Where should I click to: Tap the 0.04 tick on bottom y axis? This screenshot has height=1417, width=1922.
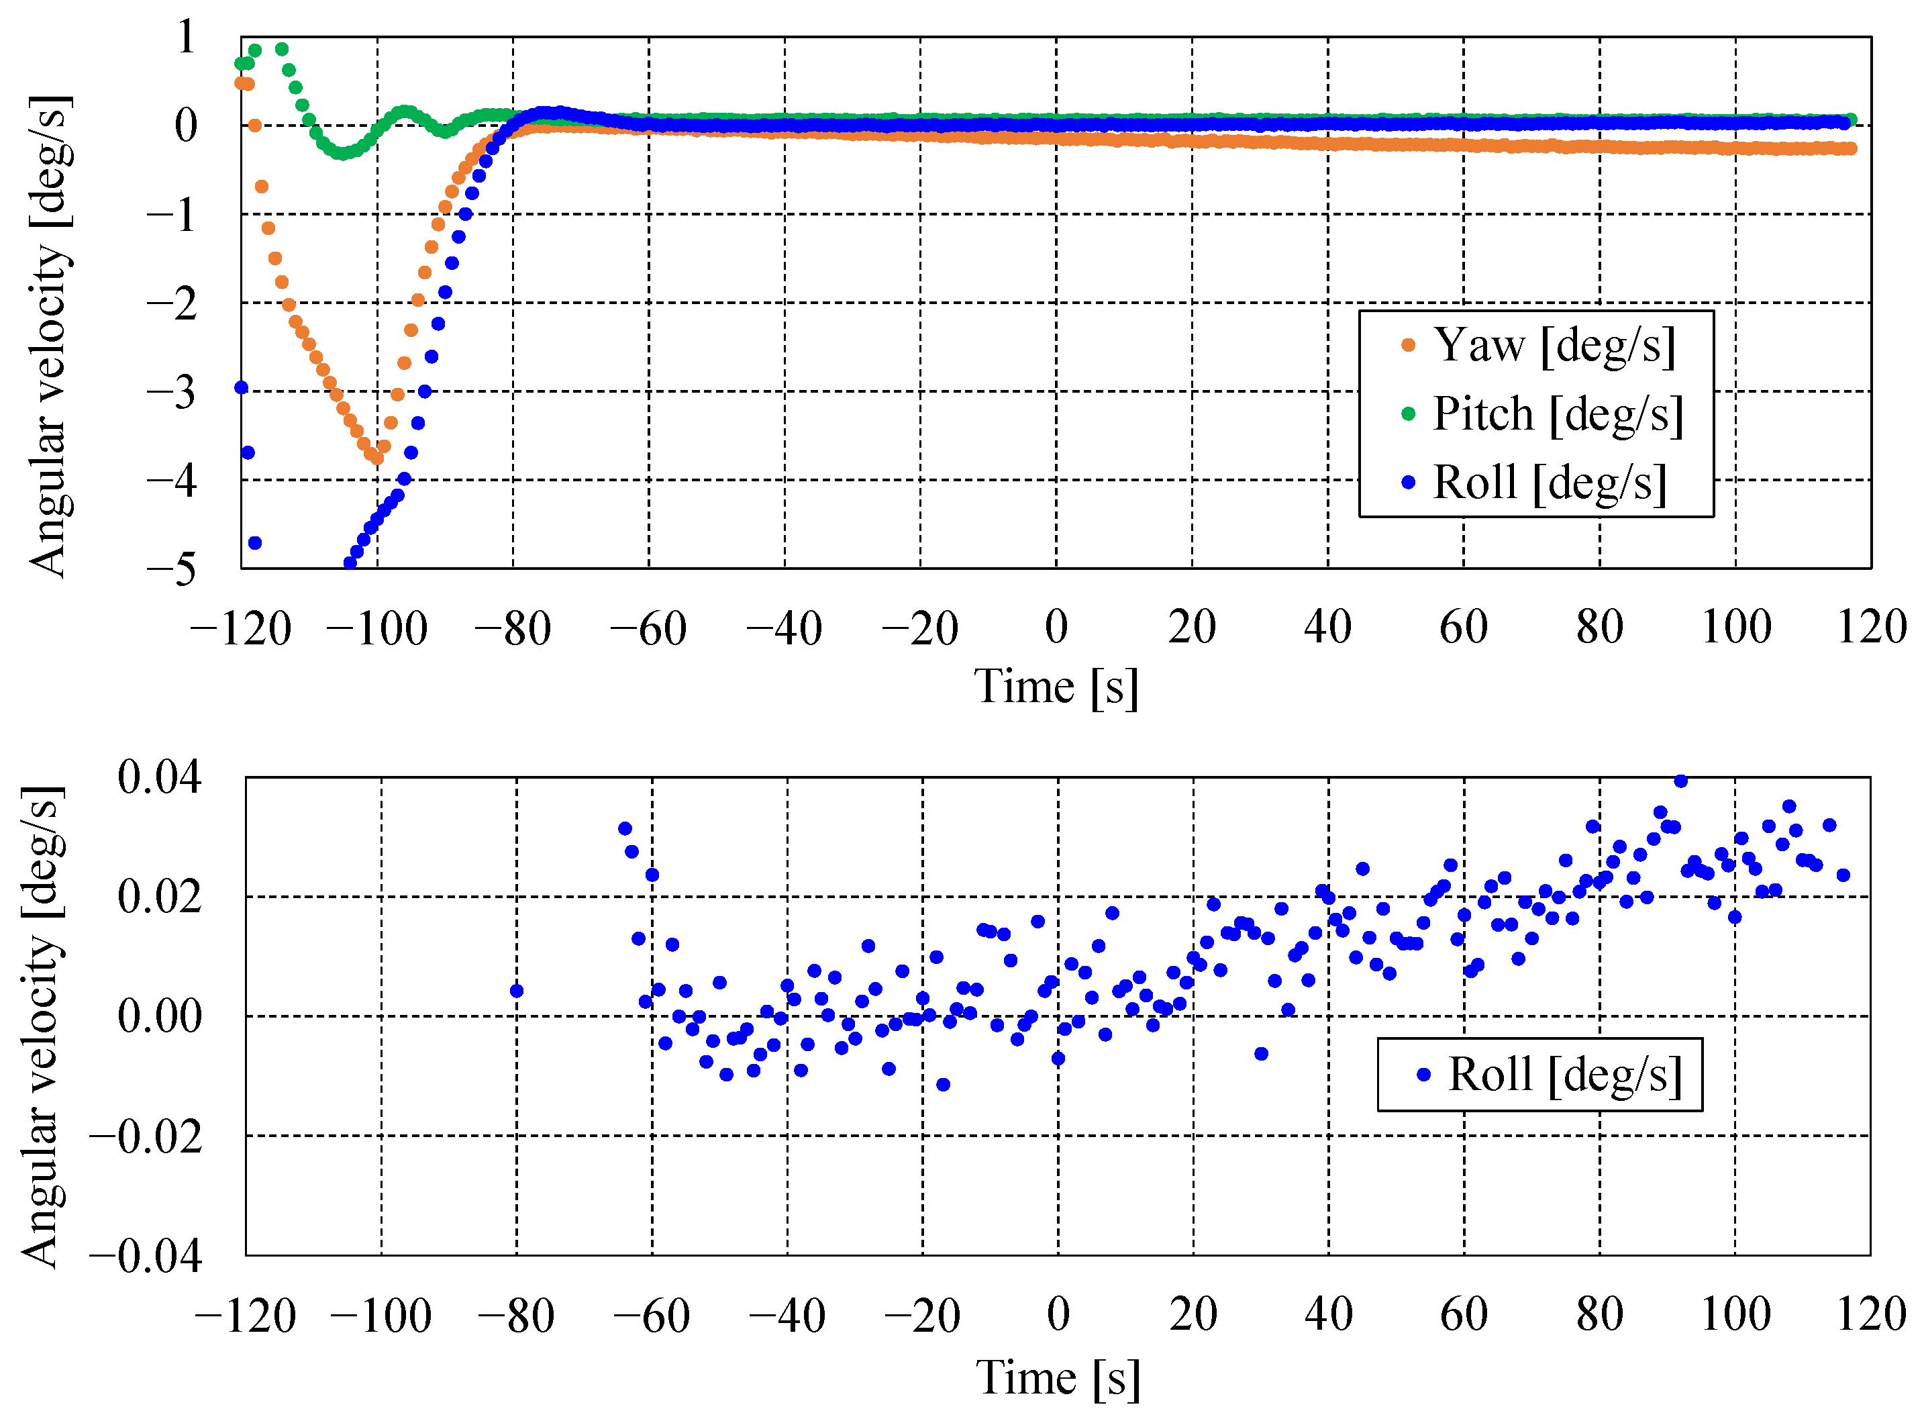coord(160,777)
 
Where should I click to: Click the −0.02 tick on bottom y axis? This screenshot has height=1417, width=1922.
coord(146,1137)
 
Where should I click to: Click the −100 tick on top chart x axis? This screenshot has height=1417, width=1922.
coord(376,629)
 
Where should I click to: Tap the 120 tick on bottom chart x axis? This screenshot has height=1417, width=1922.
coord(1870,1314)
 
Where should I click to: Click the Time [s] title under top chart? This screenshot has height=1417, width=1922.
coord(1056,687)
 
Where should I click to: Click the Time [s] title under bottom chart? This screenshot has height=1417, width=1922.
coord(1058,1378)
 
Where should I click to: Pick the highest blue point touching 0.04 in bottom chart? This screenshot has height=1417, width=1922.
coord(1680,781)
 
